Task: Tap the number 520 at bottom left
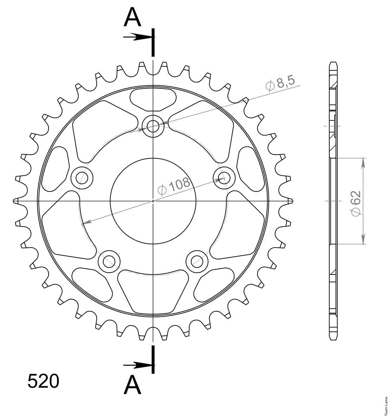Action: [x=43, y=381]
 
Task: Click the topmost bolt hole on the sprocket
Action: [x=153, y=126]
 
